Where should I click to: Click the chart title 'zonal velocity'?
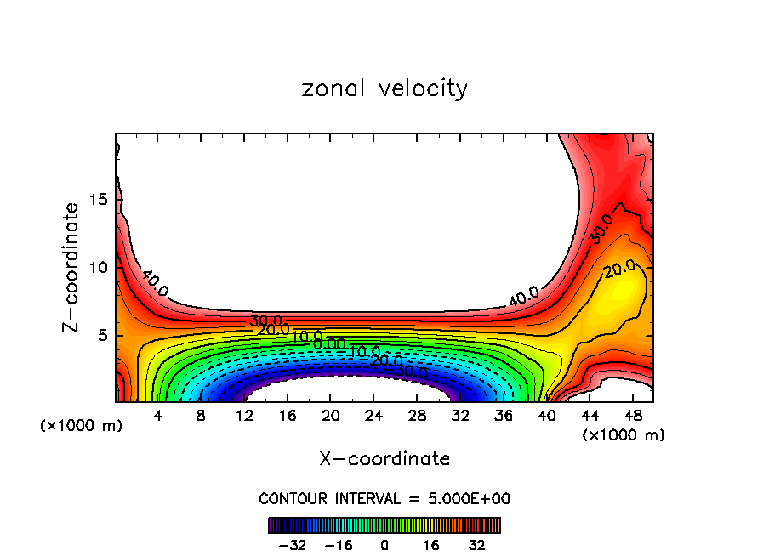click(x=384, y=88)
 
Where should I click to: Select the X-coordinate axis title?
click(x=384, y=459)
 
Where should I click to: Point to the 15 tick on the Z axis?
click(x=99, y=199)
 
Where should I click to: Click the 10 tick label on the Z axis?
click(x=99, y=267)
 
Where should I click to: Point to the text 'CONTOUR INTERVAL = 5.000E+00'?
click(x=384, y=498)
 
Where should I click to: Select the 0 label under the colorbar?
click(x=384, y=545)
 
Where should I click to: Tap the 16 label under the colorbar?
click(x=430, y=545)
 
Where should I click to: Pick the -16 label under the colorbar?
click(x=339, y=545)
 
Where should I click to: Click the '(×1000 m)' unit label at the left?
click(x=82, y=426)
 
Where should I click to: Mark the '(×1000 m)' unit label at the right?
click(x=624, y=435)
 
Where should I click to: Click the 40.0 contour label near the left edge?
click(x=155, y=284)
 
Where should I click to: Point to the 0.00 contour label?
click(x=328, y=343)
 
